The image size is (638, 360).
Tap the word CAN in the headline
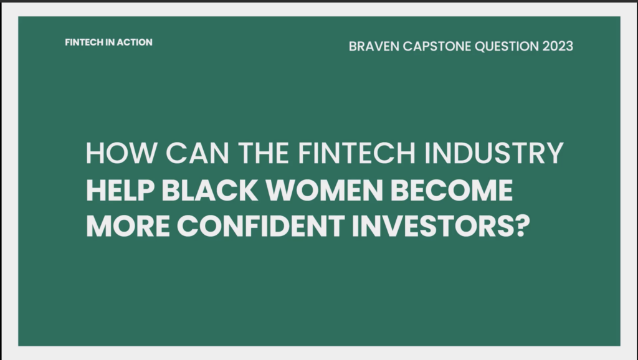[198, 153]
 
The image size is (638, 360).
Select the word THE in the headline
[264, 153]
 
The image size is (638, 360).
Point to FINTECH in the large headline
[357, 153]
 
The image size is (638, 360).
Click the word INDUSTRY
[494, 153]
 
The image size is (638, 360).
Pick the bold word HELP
[120, 190]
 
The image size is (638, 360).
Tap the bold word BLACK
[210, 190]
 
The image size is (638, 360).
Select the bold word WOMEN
[324, 190]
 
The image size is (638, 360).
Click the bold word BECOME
[452, 190]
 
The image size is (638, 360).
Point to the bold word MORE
[128, 226]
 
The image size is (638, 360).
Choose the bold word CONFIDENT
[261, 226]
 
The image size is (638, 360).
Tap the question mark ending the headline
[523, 226]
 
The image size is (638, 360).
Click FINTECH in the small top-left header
[84, 42]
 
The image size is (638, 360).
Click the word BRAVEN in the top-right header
[374, 46]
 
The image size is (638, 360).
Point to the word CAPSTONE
[437, 46]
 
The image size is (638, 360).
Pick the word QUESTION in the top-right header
[507, 46]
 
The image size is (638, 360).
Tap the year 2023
[558, 46]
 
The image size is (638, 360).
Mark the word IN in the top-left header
[110, 42]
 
